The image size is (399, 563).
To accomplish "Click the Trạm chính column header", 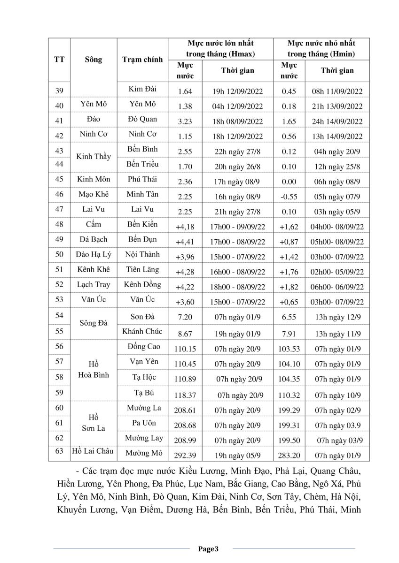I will (x=142, y=60).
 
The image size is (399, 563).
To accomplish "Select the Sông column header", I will (x=94, y=60).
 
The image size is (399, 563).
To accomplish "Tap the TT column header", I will (x=60, y=60).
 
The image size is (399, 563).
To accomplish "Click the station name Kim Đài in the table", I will (x=142, y=89).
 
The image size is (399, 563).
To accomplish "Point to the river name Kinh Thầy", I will (x=94, y=157).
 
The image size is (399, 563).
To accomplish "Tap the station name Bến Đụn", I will (x=142, y=240).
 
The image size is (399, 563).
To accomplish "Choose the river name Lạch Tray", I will (x=94, y=285).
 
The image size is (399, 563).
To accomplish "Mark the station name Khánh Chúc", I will (x=142, y=331).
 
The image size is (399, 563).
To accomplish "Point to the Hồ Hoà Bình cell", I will (x=94, y=370).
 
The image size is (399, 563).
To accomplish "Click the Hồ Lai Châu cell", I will (x=93, y=451).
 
